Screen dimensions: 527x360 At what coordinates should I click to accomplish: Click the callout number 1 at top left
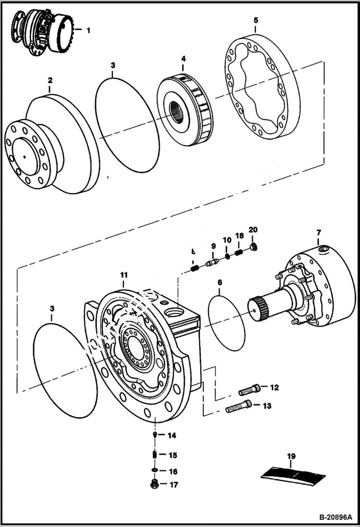click(88, 30)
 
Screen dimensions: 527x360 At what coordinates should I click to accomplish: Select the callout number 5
click(256, 20)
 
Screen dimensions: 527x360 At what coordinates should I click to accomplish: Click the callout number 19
click(291, 456)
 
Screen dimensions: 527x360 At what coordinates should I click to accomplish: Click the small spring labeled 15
click(155, 454)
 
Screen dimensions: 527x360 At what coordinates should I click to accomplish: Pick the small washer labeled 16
click(155, 470)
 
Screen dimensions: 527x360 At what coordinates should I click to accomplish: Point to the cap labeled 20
click(254, 247)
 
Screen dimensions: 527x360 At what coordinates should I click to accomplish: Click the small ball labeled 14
click(155, 435)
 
